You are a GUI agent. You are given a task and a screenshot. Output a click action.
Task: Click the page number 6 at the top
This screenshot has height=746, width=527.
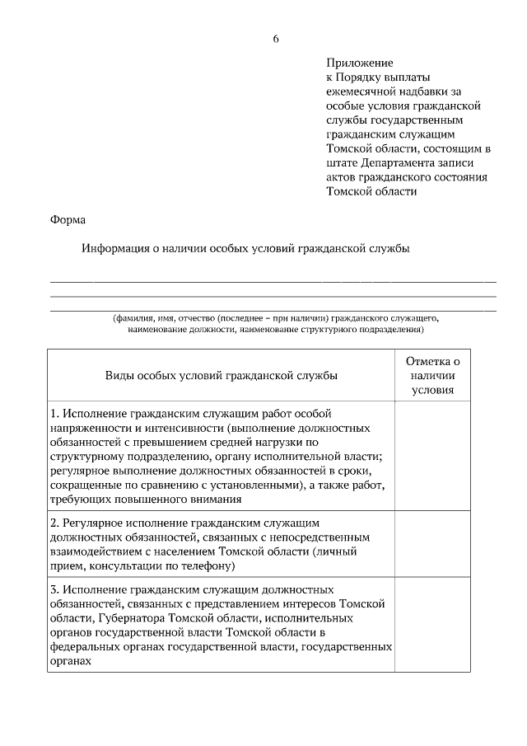276,40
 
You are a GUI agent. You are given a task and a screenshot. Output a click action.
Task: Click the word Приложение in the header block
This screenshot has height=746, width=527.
360,63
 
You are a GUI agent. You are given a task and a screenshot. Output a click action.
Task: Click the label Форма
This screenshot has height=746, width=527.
68,219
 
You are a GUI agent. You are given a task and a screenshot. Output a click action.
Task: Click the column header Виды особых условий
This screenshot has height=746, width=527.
221,375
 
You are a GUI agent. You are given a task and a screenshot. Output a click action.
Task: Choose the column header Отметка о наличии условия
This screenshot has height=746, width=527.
433,375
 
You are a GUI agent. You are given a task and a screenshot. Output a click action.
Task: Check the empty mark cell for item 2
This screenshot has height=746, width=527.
433,544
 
